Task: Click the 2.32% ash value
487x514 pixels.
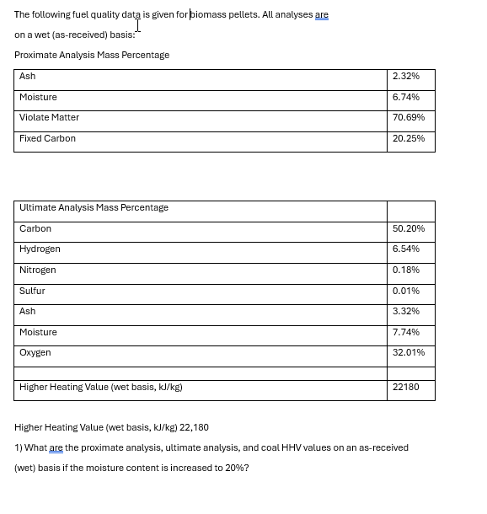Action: pyautogui.click(x=405, y=76)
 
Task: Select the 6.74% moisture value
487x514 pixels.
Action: pyautogui.click(x=405, y=97)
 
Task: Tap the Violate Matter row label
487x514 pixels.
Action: pyautogui.click(x=49, y=117)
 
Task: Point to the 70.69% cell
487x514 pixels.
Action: pyautogui.click(x=408, y=117)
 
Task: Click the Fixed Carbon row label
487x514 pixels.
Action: pyautogui.click(x=47, y=138)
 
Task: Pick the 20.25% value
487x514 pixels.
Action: pyautogui.click(x=408, y=138)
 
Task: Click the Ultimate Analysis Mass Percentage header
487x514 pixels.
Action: pyautogui.click(x=94, y=207)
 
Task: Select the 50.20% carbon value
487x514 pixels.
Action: pyautogui.click(x=408, y=228)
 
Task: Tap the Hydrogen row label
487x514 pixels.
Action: pyautogui.click(x=40, y=249)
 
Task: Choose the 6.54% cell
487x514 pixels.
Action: pyautogui.click(x=405, y=249)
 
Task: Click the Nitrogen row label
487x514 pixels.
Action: pyautogui.click(x=38, y=270)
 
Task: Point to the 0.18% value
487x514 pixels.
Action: pyautogui.click(x=405, y=270)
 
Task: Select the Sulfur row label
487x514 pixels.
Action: pyautogui.click(x=32, y=291)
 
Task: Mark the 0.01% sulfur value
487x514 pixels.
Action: pyautogui.click(x=405, y=291)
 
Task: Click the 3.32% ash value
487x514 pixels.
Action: pyautogui.click(x=405, y=311)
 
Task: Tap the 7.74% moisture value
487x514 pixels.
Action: pyautogui.click(x=405, y=332)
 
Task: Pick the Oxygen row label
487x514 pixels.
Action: pyautogui.click(x=35, y=352)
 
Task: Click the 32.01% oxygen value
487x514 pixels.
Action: pyautogui.click(x=408, y=352)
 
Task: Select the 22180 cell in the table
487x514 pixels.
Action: pyautogui.click(x=405, y=387)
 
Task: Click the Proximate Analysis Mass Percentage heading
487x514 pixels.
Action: pyautogui.click(x=92, y=55)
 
